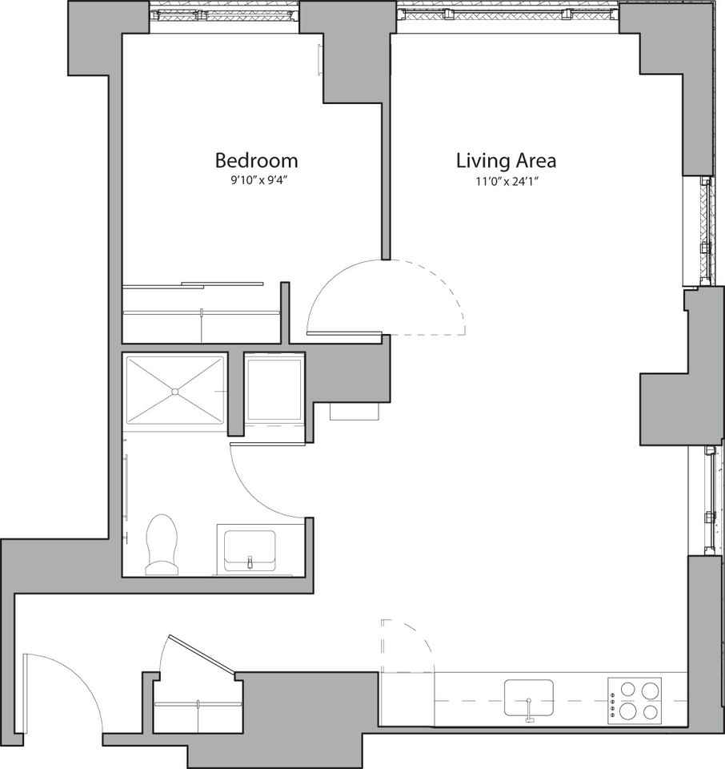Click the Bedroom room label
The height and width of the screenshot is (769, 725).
point(256,160)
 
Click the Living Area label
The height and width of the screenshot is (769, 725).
point(506,160)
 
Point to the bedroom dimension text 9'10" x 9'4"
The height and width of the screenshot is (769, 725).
point(256,181)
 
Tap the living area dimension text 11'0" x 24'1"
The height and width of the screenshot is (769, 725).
point(506,181)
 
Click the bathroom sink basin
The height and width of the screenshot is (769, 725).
point(250,549)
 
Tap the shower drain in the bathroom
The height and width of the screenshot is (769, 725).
point(174,391)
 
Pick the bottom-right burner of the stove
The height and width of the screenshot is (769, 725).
point(650,711)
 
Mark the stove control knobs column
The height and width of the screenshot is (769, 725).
point(614,699)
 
